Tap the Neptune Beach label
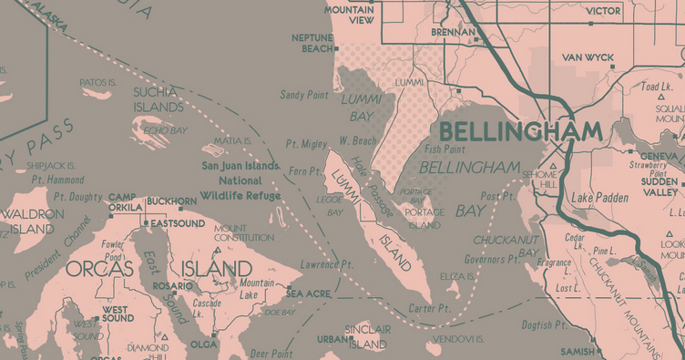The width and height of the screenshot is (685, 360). tap(312, 43)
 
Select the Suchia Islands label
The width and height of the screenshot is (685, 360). tap(158, 99)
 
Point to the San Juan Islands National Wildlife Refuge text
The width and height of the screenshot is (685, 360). tap(240, 180)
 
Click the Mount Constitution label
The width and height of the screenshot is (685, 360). tap(242, 232)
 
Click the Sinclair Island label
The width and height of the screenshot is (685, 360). tap(368, 337)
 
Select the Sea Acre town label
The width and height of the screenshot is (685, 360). tap(308, 293)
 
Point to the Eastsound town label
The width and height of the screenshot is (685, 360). tap(177, 223)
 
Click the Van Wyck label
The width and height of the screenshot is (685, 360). tap(588, 57)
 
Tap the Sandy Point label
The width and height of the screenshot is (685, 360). tap(303, 94)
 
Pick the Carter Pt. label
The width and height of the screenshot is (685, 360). tap(430, 309)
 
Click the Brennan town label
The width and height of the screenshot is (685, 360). tap(453, 32)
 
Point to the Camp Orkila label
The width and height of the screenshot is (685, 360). tap(125, 202)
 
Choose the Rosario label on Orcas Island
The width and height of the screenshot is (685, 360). tap(171, 285)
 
